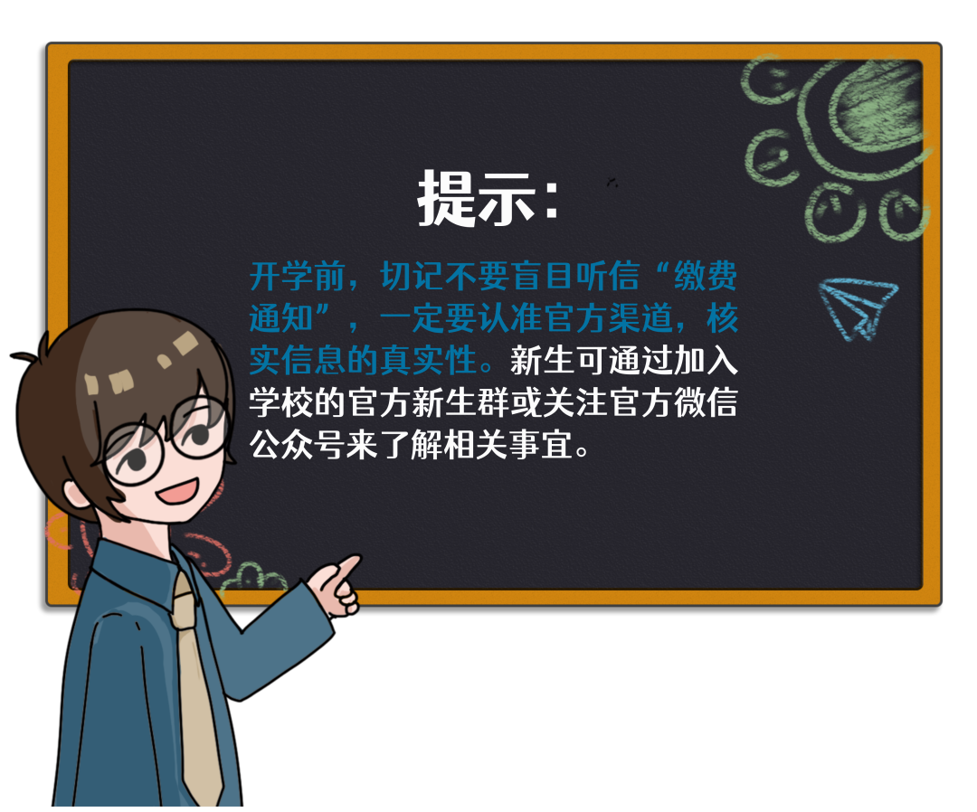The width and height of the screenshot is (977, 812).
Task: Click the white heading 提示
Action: point(478,198)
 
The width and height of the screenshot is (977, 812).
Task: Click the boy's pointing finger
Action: point(346,567)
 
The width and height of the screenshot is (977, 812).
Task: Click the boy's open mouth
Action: point(177,491)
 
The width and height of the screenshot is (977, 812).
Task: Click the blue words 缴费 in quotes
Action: point(706,276)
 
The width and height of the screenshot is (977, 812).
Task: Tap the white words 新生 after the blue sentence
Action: point(542,361)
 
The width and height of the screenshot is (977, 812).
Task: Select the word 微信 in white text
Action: point(706,402)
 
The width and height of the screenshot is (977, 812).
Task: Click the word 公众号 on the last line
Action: point(298,445)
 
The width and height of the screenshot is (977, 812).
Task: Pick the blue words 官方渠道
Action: point(608,318)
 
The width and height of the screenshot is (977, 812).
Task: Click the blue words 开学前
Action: point(298,276)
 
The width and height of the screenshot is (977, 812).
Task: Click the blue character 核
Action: point(722,318)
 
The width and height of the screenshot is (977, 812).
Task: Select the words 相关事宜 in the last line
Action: point(508,445)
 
